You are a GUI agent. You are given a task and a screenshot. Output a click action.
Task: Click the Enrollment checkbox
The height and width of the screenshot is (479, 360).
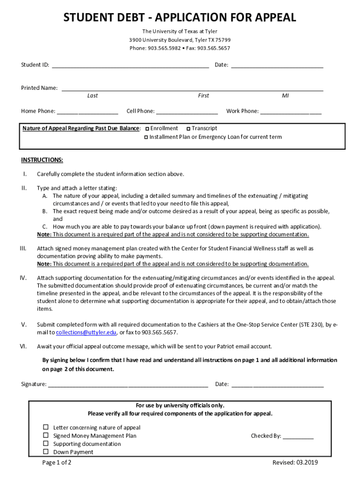pos(147,129)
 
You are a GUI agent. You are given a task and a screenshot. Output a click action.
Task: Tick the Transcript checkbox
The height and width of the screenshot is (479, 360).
pos(188,129)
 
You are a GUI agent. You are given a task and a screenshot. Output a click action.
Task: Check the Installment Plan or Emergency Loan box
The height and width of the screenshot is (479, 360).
pos(146,138)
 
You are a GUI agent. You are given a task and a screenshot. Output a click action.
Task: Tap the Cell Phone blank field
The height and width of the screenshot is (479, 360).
pos(187,112)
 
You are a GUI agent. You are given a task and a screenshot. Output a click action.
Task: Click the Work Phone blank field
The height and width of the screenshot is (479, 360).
pos(291,112)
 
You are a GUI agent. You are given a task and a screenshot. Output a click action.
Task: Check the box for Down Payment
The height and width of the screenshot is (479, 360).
pos(46,452)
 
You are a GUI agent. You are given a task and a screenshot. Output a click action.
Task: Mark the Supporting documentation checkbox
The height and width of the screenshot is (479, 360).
pos(46,443)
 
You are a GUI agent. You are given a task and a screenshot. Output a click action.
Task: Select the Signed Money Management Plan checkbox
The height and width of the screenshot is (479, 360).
pos(46,435)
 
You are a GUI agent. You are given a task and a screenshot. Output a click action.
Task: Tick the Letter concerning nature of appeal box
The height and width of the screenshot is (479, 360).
pos(46,427)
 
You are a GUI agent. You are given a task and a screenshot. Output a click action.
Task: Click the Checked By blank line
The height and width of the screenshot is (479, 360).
pos(298,436)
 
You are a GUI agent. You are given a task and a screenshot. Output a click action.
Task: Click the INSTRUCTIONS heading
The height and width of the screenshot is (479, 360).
pos(42,160)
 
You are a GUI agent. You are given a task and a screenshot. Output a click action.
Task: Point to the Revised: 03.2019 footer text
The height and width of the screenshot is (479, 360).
pos(295,463)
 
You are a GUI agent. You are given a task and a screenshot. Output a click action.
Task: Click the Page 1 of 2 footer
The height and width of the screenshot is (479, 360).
pos(57,463)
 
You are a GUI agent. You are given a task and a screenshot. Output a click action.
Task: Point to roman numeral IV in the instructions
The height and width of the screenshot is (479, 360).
pos(23,278)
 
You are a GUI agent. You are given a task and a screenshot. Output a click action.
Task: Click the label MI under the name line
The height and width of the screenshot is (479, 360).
pos(285,95)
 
